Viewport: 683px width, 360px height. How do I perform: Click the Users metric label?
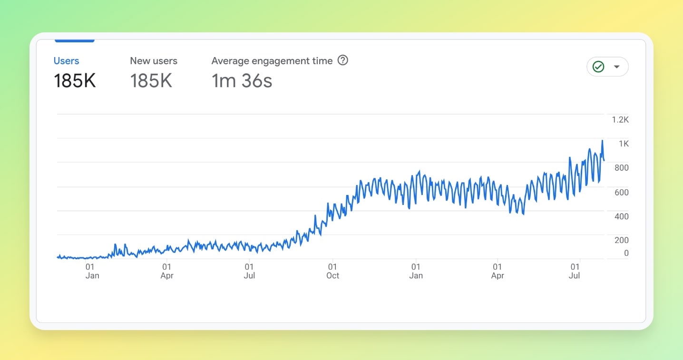66,61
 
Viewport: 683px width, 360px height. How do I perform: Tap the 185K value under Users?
75,81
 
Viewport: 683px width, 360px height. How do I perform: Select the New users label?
154,61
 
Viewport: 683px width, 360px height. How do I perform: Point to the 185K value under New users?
151,81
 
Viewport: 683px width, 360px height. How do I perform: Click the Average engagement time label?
272,61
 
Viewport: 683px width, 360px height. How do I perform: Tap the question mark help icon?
342,60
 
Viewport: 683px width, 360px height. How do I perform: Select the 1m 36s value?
242,81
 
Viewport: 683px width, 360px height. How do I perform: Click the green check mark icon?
598,67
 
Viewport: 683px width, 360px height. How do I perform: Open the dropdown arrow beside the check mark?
617,67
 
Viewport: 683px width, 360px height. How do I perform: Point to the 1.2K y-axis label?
620,120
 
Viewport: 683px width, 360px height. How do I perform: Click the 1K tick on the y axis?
623,144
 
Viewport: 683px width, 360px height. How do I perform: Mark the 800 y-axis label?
621,168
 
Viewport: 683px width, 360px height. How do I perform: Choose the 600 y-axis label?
621,192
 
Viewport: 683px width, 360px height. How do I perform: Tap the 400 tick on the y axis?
621,216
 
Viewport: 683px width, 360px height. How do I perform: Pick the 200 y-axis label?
621,240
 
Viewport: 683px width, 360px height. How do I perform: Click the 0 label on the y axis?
626,253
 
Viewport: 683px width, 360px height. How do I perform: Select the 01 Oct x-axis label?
332,271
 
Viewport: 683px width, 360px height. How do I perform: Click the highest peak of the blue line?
602,141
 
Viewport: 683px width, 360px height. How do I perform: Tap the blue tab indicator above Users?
74,41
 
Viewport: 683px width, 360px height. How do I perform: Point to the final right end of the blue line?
604,160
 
